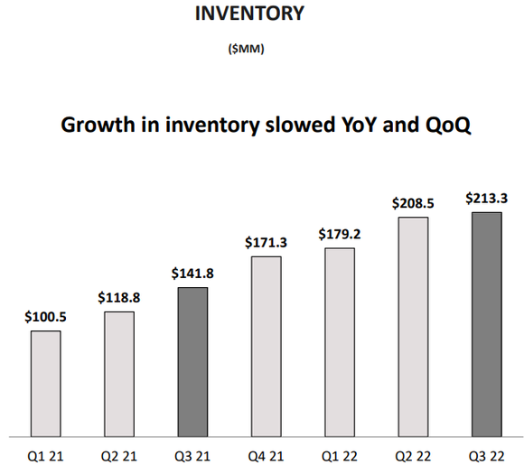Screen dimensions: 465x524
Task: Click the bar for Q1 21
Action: (46, 382)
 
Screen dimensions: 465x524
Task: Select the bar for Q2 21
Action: (119, 373)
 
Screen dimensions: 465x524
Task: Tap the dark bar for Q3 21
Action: (192, 360)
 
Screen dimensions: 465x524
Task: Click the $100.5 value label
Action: (46, 317)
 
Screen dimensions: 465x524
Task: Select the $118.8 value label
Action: (119, 298)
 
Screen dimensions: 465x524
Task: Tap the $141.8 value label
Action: (192, 274)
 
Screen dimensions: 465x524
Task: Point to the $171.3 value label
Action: (266, 243)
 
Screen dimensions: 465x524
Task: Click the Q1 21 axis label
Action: (46, 451)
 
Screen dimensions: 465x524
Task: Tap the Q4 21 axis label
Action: (266, 451)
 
